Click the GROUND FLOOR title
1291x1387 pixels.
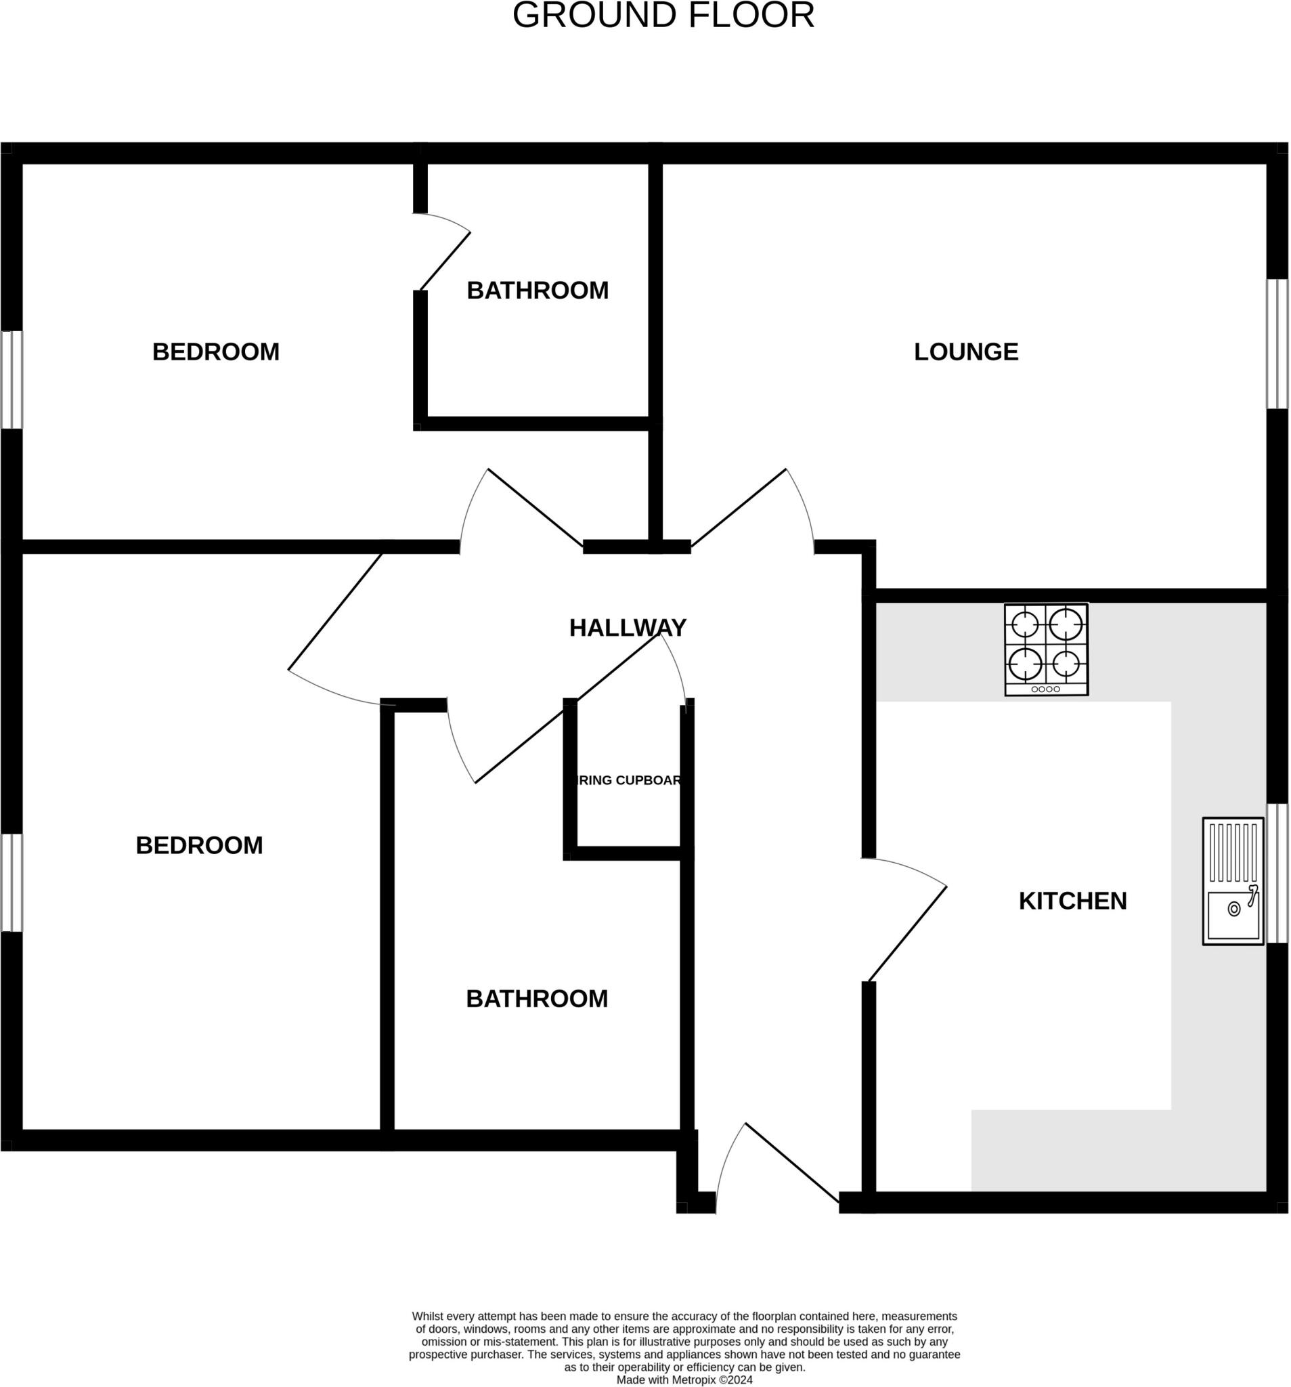click(663, 16)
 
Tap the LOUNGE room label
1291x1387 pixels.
click(965, 351)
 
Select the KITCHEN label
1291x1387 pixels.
click(1072, 901)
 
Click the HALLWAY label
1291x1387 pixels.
click(627, 628)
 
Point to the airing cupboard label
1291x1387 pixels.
click(628, 780)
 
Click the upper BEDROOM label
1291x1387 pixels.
click(215, 351)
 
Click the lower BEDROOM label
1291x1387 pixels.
click(199, 846)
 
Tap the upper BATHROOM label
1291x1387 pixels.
click(537, 291)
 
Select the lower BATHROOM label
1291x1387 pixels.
click(536, 999)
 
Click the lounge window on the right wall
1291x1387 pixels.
click(1276, 344)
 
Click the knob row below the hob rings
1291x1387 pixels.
click(1045, 689)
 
